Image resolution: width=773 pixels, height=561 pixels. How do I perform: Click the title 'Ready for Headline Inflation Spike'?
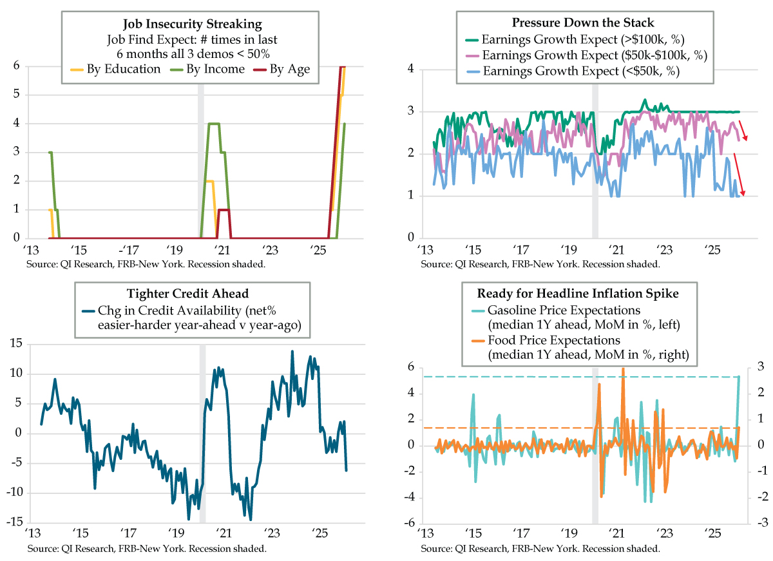pyautogui.click(x=578, y=293)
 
